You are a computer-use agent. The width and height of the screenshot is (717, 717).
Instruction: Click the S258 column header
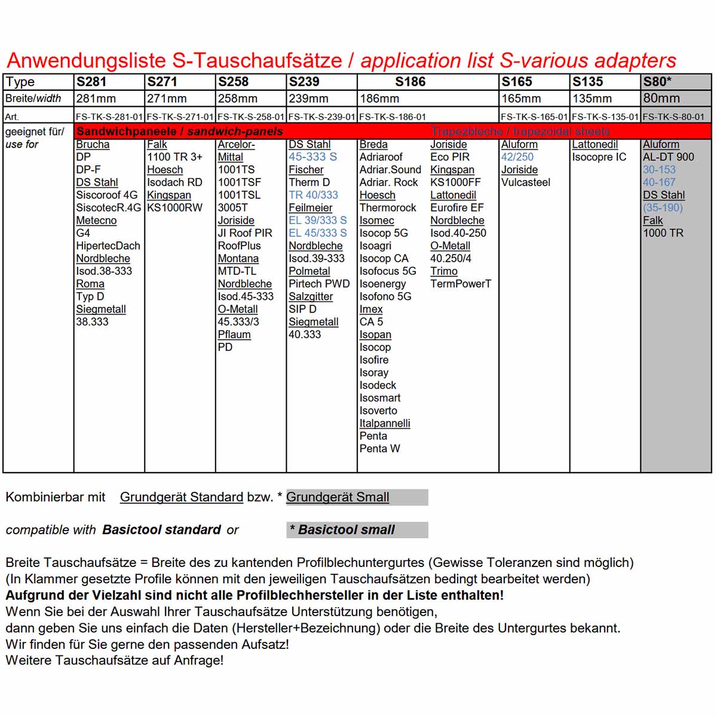coord(233,82)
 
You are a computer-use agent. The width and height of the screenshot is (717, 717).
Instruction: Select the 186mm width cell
coord(379,99)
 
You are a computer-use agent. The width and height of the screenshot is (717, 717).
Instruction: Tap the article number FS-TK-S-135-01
coord(605,117)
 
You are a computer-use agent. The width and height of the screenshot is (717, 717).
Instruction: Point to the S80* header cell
coord(657,82)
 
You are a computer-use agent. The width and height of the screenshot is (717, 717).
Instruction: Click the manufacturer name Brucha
coord(93,145)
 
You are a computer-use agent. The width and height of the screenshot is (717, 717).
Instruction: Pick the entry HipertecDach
coord(108,246)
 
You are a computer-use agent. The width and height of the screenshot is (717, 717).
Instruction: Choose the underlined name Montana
coord(238,259)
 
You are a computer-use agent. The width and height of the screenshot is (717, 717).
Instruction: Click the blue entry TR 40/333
coord(313,195)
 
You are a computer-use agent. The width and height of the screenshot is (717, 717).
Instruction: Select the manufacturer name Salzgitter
coord(311,296)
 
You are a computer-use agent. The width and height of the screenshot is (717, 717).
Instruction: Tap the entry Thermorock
coord(388,208)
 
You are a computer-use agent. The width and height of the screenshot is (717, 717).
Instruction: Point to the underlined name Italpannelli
coord(385,423)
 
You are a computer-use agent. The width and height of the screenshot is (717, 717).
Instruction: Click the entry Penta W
coord(379,449)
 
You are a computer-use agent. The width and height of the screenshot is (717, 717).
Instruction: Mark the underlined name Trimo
coord(444,271)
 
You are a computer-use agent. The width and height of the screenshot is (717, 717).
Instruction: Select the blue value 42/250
coord(517,157)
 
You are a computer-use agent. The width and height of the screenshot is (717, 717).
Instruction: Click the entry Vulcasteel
coord(526,182)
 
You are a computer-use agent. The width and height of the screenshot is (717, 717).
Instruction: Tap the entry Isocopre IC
coord(599,157)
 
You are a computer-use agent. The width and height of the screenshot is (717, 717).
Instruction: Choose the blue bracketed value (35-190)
coord(663,208)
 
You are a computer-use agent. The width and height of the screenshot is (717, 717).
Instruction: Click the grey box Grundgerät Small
coord(357,497)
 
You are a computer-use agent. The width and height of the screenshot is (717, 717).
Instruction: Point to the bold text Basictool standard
coord(161,530)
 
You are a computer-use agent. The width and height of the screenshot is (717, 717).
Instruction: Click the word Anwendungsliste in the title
coord(86,60)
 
